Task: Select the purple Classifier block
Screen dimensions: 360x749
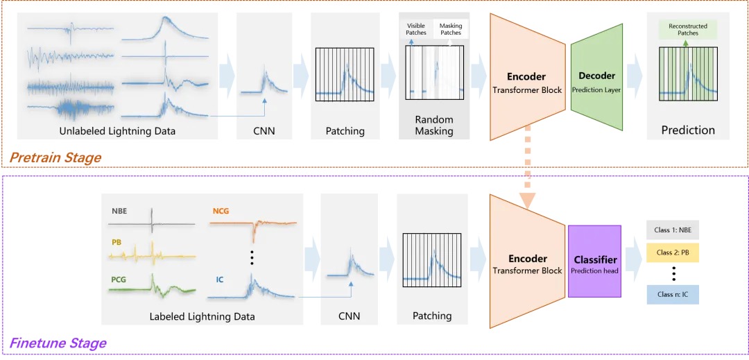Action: (x=595, y=264)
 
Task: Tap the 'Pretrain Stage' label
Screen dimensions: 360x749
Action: (x=55, y=157)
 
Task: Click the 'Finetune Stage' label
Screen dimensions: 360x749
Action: (x=58, y=343)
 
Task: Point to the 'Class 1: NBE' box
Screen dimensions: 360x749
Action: (x=672, y=230)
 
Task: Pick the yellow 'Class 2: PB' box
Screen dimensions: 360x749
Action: (x=672, y=252)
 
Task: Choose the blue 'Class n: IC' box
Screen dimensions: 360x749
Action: (x=672, y=294)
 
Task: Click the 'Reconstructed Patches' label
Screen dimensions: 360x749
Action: (x=687, y=29)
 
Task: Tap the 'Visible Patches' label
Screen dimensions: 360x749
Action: (x=416, y=29)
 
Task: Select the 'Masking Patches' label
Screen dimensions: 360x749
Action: (x=450, y=29)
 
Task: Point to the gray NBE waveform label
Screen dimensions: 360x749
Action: (x=119, y=210)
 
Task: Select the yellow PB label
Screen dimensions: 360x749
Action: (x=116, y=243)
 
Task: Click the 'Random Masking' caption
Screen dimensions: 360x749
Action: (x=434, y=125)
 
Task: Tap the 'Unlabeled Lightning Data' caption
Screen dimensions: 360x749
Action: (x=117, y=131)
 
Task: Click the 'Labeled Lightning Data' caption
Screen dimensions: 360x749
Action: (x=202, y=316)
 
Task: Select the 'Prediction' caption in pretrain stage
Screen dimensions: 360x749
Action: (x=687, y=130)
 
